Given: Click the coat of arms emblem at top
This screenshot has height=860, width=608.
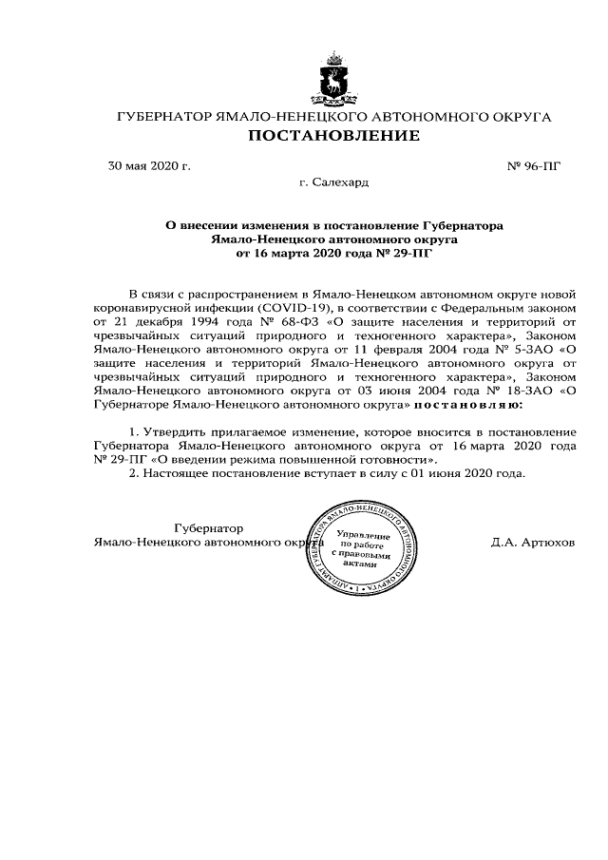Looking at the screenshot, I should (x=332, y=81).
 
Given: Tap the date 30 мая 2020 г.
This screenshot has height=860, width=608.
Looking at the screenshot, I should (x=150, y=165).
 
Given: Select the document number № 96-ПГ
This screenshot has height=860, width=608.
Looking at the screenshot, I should (x=535, y=165).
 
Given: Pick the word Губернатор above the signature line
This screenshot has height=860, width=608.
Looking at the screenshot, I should (x=209, y=527).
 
